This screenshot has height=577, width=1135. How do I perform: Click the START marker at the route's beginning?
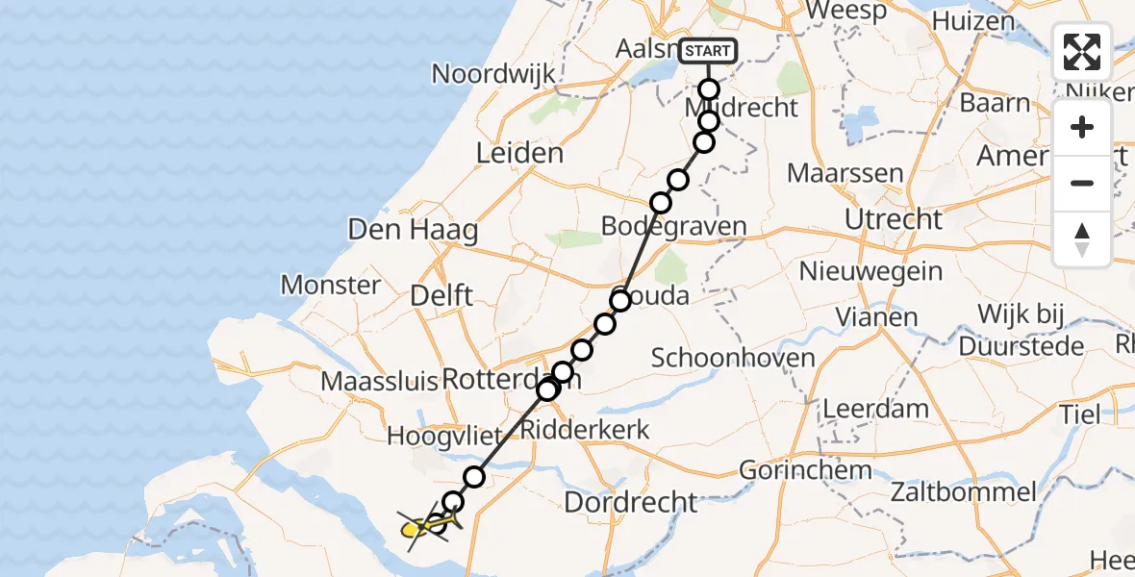(x=708, y=51)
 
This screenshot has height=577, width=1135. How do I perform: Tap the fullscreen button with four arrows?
(x=1082, y=52)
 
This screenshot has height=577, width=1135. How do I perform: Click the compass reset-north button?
(x=1082, y=239)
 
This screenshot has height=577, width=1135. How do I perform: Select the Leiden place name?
(x=519, y=154)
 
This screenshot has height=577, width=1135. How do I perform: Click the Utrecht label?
(x=893, y=219)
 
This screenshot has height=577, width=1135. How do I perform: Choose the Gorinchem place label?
(x=806, y=471)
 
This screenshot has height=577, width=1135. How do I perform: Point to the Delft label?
(x=441, y=295)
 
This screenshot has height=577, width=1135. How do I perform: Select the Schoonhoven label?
(x=733, y=359)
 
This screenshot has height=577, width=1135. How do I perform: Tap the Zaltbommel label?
(x=963, y=493)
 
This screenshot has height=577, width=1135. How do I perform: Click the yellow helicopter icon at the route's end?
(x=411, y=528)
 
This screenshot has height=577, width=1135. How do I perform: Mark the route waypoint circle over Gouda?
(x=620, y=301)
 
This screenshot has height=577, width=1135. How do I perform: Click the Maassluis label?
(x=380, y=381)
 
